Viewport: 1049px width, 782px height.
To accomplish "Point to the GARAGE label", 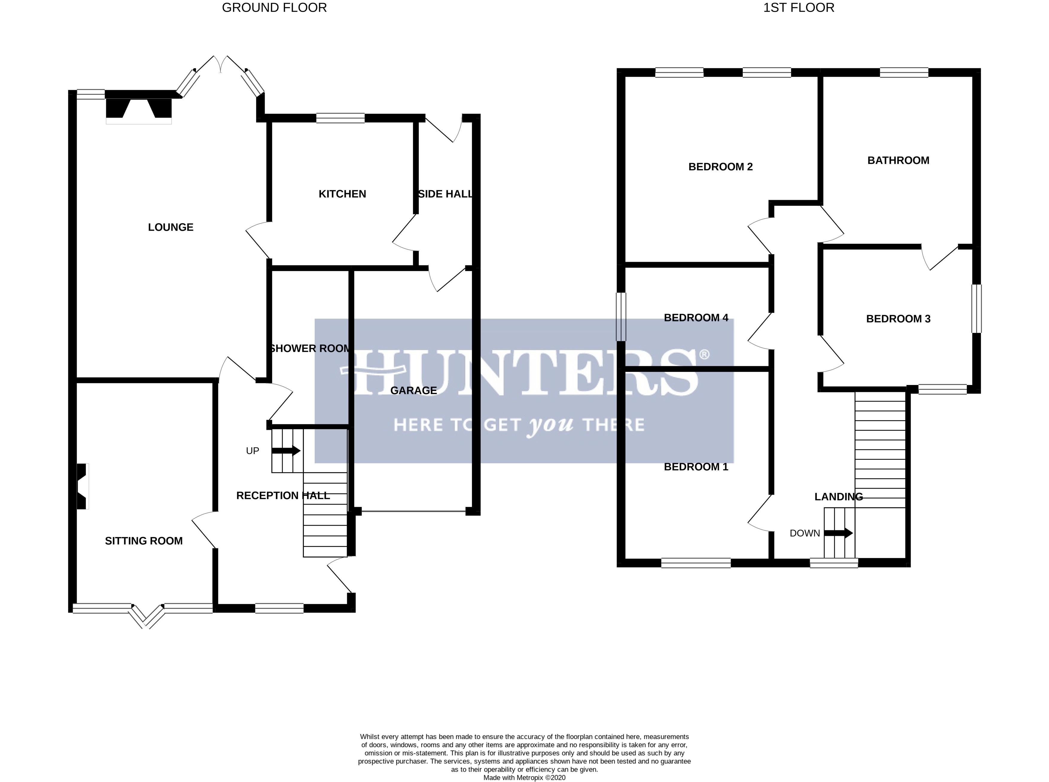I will [x=413, y=390].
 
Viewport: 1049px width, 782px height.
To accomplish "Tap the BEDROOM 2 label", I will [x=720, y=167].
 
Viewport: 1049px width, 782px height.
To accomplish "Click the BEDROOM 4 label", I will [x=696, y=318].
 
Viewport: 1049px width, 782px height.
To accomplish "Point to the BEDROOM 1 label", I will [x=696, y=467].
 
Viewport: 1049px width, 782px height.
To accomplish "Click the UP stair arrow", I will [x=286, y=451].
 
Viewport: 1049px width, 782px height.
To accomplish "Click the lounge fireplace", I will [x=138, y=109].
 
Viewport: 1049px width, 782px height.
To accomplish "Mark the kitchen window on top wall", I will [x=340, y=118].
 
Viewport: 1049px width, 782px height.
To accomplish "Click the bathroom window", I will [x=904, y=72].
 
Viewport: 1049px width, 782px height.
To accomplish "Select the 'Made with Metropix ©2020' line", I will [x=524, y=777].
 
